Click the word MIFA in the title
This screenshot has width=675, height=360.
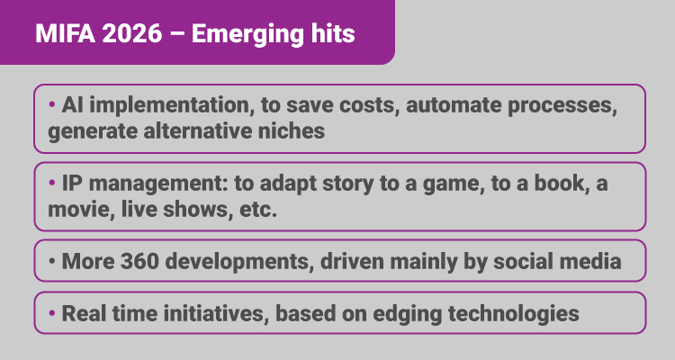click(x=65, y=33)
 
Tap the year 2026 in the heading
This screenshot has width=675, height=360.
click(x=132, y=33)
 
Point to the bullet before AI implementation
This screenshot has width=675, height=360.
click(x=52, y=104)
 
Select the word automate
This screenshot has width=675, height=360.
click(x=454, y=105)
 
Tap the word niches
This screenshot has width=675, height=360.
click(x=292, y=130)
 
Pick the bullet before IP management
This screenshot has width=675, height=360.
click(x=52, y=183)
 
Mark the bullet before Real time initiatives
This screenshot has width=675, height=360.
click(x=52, y=313)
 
